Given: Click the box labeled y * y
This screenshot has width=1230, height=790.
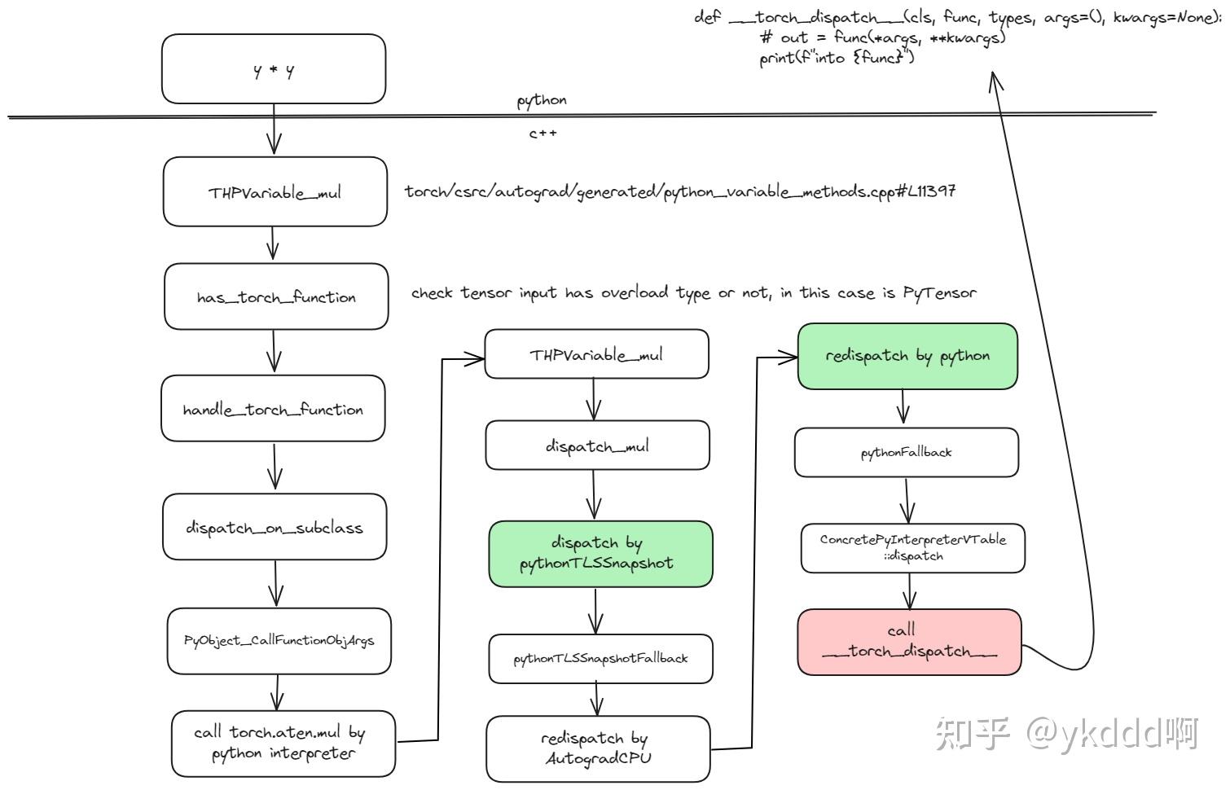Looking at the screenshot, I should tap(274, 69).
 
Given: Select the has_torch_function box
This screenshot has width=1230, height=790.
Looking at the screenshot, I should tap(276, 296).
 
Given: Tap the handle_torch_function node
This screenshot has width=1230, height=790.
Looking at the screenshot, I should tap(273, 409).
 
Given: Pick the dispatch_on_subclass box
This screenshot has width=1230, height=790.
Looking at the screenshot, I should tap(275, 527).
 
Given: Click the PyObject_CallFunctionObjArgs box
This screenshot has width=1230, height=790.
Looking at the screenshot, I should tap(279, 641).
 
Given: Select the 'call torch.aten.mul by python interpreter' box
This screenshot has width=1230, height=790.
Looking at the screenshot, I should tap(283, 743).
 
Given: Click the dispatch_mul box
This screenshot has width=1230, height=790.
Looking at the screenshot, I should tap(597, 445).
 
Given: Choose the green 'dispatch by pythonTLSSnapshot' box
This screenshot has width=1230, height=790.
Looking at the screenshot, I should tap(600, 553).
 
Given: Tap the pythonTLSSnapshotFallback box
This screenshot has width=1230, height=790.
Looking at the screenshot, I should tap(600, 658).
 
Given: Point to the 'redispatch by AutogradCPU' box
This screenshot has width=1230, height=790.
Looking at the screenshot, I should tap(598, 748).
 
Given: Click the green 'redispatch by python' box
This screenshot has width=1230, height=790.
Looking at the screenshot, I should tap(907, 356).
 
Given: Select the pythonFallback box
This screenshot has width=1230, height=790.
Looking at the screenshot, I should tap(906, 452).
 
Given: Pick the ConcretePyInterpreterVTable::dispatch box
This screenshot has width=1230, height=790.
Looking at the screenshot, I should tap(912, 547).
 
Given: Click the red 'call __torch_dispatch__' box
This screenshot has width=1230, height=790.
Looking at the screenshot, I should tap(909, 641).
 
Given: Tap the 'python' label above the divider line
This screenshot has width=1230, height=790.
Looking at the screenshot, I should tap(542, 100).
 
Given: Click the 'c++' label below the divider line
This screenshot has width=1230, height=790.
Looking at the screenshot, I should tap(543, 133).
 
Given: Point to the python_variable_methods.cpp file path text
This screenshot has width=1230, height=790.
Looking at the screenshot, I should tap(679, 191).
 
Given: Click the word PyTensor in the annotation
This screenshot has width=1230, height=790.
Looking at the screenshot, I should tap(939, 292).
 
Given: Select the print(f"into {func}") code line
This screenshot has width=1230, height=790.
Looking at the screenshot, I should tap(837, 58).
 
